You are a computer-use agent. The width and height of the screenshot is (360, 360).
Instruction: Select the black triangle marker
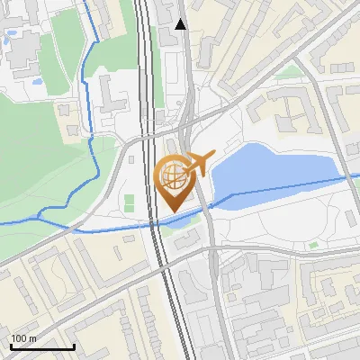click(x=182, y=25)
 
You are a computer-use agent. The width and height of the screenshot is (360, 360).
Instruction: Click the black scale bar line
click(x=41, y=346)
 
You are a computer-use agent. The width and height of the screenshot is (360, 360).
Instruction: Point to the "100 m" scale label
click(x=23, y=338)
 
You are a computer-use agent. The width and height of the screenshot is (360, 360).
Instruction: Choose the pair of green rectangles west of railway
click(x=130, y=202)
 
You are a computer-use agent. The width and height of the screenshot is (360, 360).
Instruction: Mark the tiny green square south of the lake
click(x=311, y=244)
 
